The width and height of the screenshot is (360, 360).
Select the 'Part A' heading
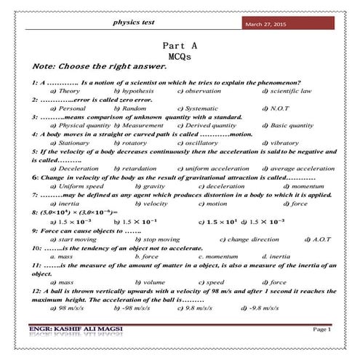coord(178,45)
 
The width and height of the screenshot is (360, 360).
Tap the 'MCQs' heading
coord(178,55)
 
